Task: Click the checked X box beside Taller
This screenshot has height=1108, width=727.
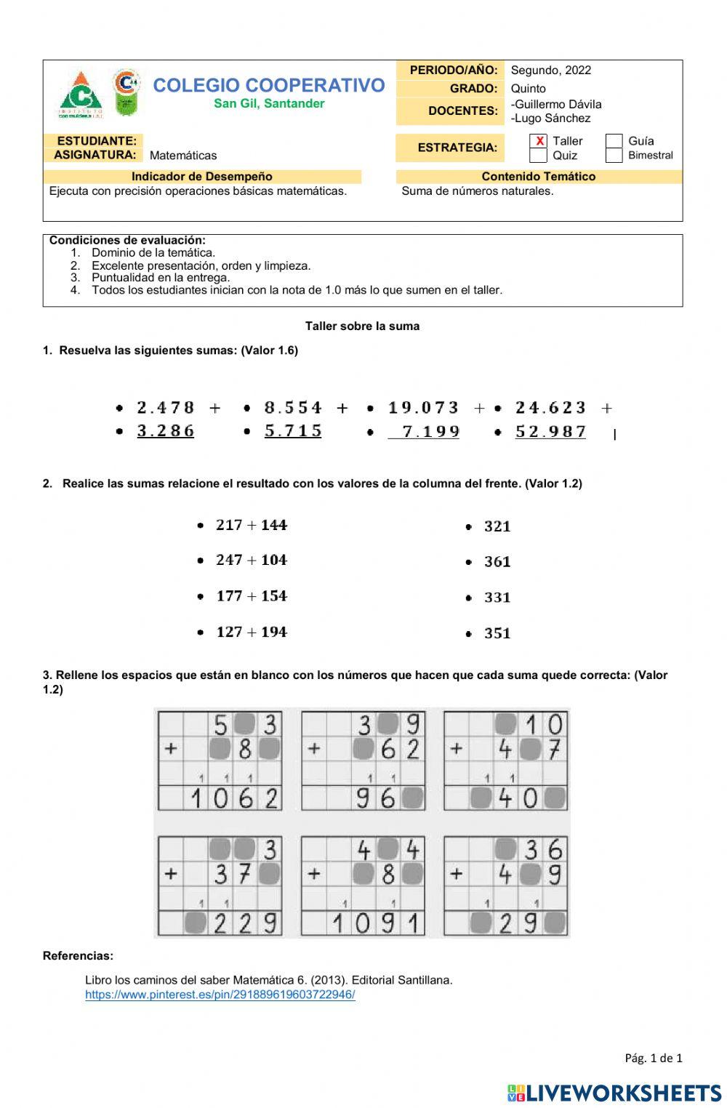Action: tap(539, 141)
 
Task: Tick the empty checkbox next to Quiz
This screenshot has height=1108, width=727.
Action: tap(539, 156)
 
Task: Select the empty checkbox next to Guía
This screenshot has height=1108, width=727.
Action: tap(614, 141)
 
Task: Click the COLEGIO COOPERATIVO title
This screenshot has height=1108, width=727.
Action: tap(269, 85)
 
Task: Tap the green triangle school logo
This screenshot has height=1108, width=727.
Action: tap(81, 95)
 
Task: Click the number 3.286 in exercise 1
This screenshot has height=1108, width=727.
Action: tap(166, 431)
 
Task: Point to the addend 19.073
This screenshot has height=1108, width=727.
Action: tap(424, 408)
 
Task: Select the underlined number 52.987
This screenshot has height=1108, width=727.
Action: tap(551, 432)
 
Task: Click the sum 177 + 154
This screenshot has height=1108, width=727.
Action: tap(252, 596)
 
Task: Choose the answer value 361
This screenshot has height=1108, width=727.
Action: tap(497, 562)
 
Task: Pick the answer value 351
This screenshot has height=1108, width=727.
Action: tap(497, 633)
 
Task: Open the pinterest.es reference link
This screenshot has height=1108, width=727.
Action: tap(220, 995)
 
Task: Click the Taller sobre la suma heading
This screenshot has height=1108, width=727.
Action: tap(362, 326)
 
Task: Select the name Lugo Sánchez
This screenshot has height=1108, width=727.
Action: tap(552, 119)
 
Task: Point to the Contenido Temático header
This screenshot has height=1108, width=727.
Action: tap(538, 177)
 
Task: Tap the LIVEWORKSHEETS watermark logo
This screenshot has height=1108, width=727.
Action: tap(614, 1093)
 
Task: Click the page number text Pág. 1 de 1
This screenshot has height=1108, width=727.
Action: tap(653, 1058)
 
